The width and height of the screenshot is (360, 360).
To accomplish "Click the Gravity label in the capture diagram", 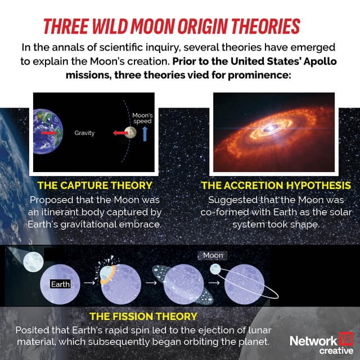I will (x=84, y=133).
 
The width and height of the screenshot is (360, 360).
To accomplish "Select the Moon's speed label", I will (x=142, y=118).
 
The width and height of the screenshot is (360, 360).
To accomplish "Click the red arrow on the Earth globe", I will (x=49, y=133).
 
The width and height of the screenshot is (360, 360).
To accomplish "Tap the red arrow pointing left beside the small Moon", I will (x=118, y=133).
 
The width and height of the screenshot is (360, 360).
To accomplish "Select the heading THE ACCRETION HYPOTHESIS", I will (x=276, y=185).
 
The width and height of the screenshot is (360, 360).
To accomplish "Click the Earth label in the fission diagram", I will (x=60, y=284).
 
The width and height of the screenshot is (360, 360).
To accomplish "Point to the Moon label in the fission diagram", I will (x=213, y=255).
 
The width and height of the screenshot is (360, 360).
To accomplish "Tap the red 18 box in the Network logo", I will (x=345, y=340).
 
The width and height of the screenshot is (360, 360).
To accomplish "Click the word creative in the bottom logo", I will (x=336, y=350).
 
